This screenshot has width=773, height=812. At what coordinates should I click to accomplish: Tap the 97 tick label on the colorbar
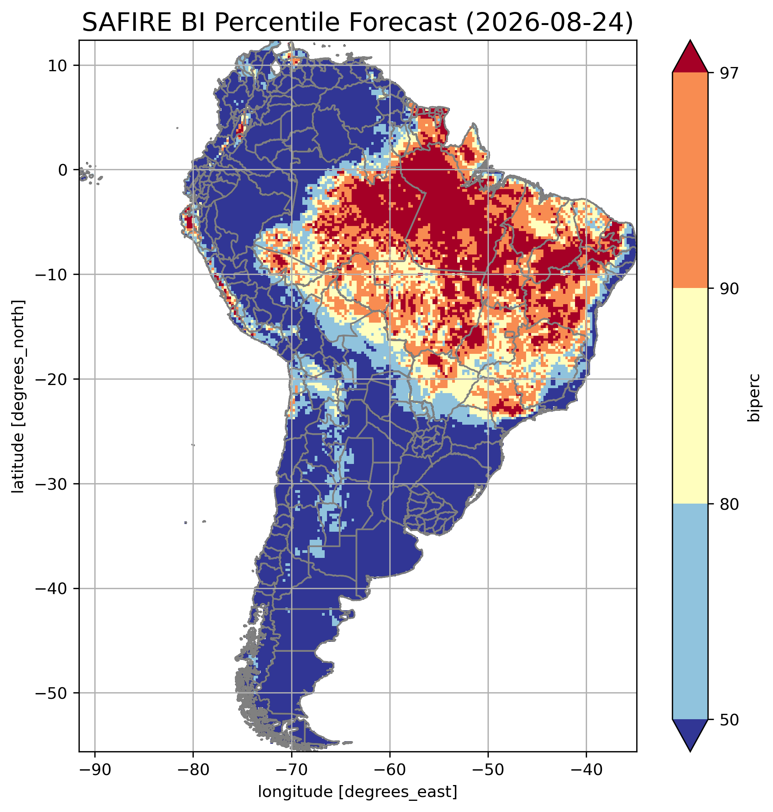729,72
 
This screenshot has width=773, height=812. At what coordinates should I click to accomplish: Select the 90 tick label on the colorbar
729,288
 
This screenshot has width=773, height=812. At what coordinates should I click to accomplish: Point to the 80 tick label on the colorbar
729,504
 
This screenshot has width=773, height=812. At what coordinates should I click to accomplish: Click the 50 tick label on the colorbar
729,720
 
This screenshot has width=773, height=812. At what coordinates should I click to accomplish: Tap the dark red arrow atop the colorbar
690,57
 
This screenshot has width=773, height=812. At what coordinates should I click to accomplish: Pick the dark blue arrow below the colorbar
690,736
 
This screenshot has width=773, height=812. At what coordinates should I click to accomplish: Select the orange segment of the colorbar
690,181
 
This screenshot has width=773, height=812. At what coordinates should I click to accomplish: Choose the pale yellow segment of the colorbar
690,396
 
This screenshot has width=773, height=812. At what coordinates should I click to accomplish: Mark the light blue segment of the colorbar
690,612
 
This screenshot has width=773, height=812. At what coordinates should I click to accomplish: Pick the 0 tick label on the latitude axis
63,170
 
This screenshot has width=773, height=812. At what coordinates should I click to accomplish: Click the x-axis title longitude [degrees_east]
358,792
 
